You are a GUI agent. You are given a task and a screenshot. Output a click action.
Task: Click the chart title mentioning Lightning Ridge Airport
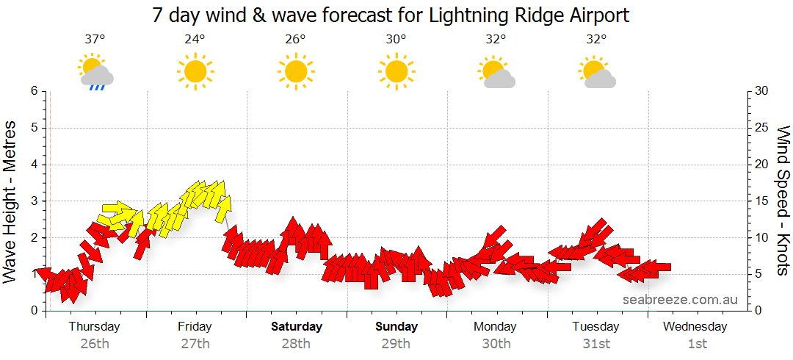pyautogui.click(x=391, y=15)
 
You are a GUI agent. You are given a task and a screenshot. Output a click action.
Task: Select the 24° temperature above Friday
pyautogui.click(x=195, y=40)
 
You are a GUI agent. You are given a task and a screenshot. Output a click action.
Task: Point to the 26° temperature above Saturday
pyautogui.click(x=295, y=40)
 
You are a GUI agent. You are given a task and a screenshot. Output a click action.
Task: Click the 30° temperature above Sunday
pyautogui.click(x=396, y=40)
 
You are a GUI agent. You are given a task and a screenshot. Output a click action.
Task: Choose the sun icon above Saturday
pyautogui.click(x=295, y=71)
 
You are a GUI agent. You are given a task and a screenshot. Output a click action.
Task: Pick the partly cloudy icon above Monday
pyautogui.click(x=497, y=72)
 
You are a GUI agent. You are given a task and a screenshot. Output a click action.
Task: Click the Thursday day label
pyautogui.click(x=94, y=326)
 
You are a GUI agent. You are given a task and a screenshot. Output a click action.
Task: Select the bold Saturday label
pyautogui.click(x=296, y=326)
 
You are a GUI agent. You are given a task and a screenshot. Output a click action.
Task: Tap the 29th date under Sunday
pyautogui.click(x=396, y=343)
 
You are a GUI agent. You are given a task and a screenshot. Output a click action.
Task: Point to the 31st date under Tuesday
pyautogui.click(x=597, y=343)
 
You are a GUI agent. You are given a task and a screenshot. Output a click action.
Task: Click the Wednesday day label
pyautogui.click(x=695, y=326)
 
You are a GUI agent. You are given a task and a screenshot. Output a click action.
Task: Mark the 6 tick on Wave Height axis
pyautogui.click(x=34, y=91)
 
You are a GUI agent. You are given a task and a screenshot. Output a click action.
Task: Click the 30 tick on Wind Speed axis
pyautogui.click(x=762, y=91)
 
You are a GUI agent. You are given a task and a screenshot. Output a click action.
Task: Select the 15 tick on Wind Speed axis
pyautogui.click(x=761, y=201)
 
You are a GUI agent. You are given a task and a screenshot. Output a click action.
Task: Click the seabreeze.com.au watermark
pyautogui.click(x=680, y=299)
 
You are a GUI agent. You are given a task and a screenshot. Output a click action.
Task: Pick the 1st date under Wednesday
pyautogui.click(x=697, y=343)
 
